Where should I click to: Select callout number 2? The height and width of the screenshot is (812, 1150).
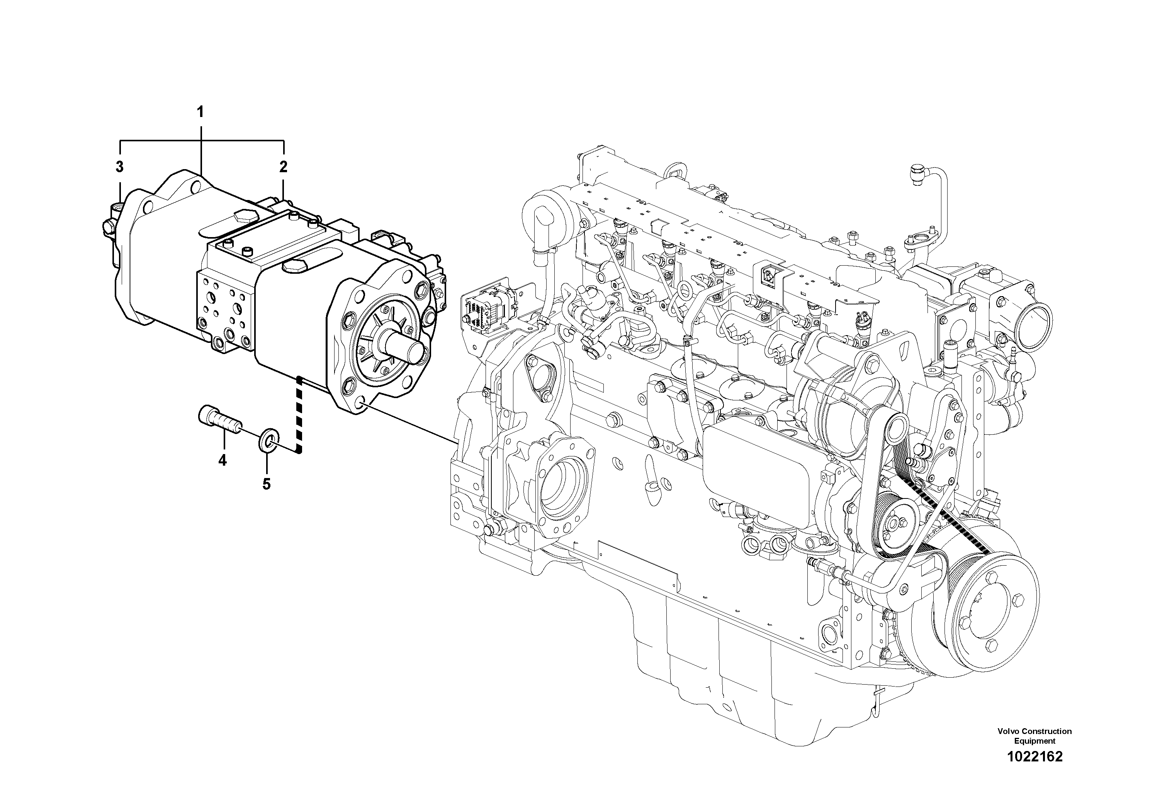click(x=284, y=167)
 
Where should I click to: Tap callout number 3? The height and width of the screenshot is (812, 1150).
click(x=119, y=167)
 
